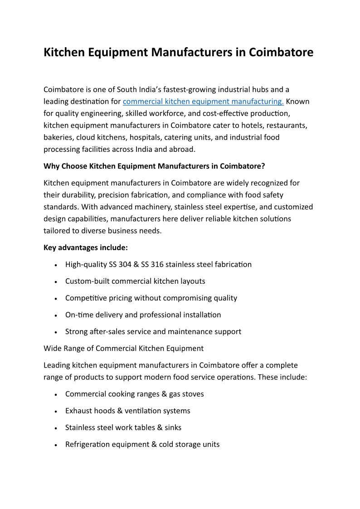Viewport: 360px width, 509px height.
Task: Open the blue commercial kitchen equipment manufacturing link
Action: click(x=203, y=102)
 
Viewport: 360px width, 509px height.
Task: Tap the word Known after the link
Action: click(x=298, y=102)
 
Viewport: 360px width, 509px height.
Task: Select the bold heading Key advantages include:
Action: click(x=86, y=247)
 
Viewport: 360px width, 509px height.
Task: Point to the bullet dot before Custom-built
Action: click(x=55, y=281)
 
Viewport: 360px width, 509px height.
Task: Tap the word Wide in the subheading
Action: click(x=52, y=348)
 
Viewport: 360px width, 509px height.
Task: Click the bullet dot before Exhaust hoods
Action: click(x=55, y=411)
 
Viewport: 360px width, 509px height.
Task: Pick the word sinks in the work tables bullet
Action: click(x=172, y=427)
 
